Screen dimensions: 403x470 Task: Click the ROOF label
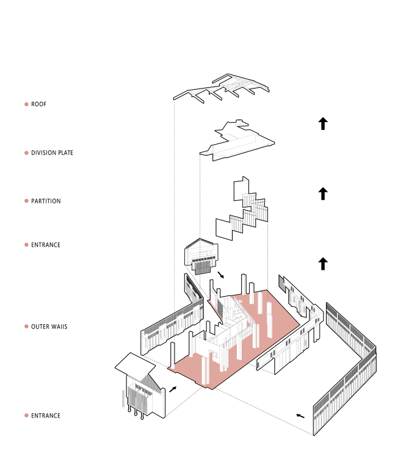click(38, 104)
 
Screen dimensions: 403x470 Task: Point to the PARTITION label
click(46, 201)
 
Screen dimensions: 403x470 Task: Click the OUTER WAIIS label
click(49, 327)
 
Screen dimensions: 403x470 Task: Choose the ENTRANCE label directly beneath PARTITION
click(46, 245)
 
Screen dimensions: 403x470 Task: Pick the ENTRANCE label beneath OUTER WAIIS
click(46, 416)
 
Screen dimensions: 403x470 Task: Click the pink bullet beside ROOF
click(26, 104)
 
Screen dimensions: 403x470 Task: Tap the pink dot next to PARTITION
click(26, 201)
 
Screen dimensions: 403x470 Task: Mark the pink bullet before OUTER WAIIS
click(26, 327)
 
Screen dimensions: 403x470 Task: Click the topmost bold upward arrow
click(323, 124)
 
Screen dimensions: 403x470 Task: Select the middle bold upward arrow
click(323, 193)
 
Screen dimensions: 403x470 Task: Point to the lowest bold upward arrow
click(323, 264)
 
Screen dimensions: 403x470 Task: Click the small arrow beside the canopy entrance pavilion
click(173, 389)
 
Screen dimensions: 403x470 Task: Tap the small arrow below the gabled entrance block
click(220, 275)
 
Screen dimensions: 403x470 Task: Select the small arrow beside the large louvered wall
click(300, 416)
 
